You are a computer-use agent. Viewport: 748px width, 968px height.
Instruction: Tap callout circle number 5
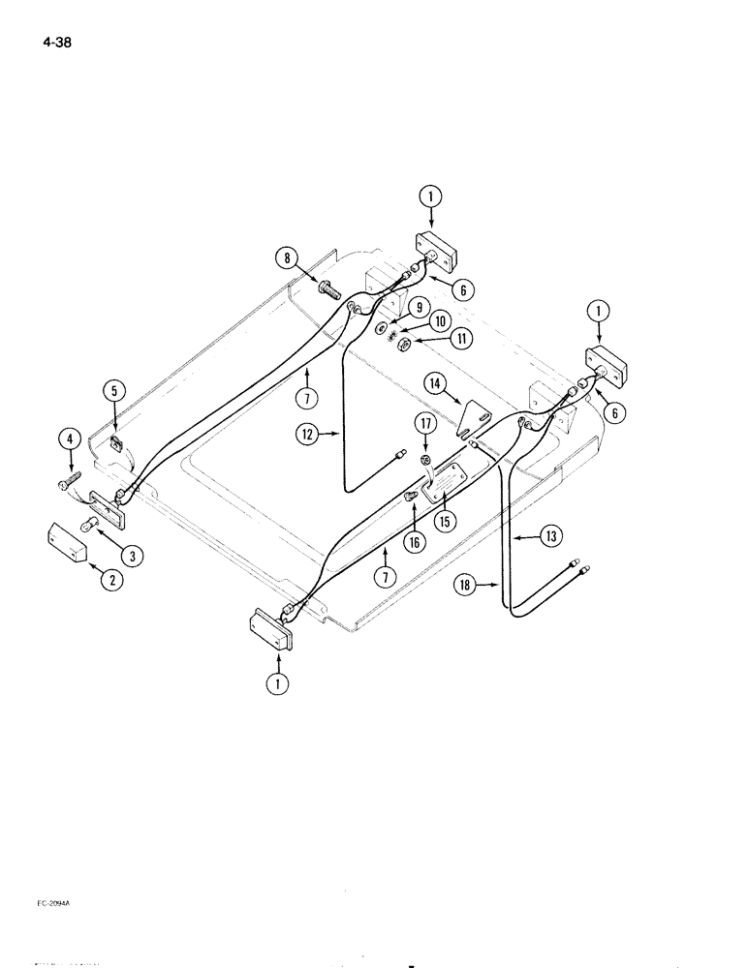pyautogui.click(x=114, y=391)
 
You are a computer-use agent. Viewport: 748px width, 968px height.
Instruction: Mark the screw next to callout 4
pyautogui.click(x=70, y=480)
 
